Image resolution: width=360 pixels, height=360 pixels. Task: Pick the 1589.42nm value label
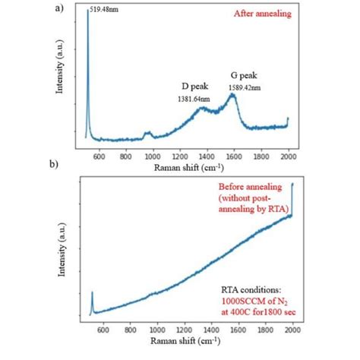[x=243, y=87]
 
